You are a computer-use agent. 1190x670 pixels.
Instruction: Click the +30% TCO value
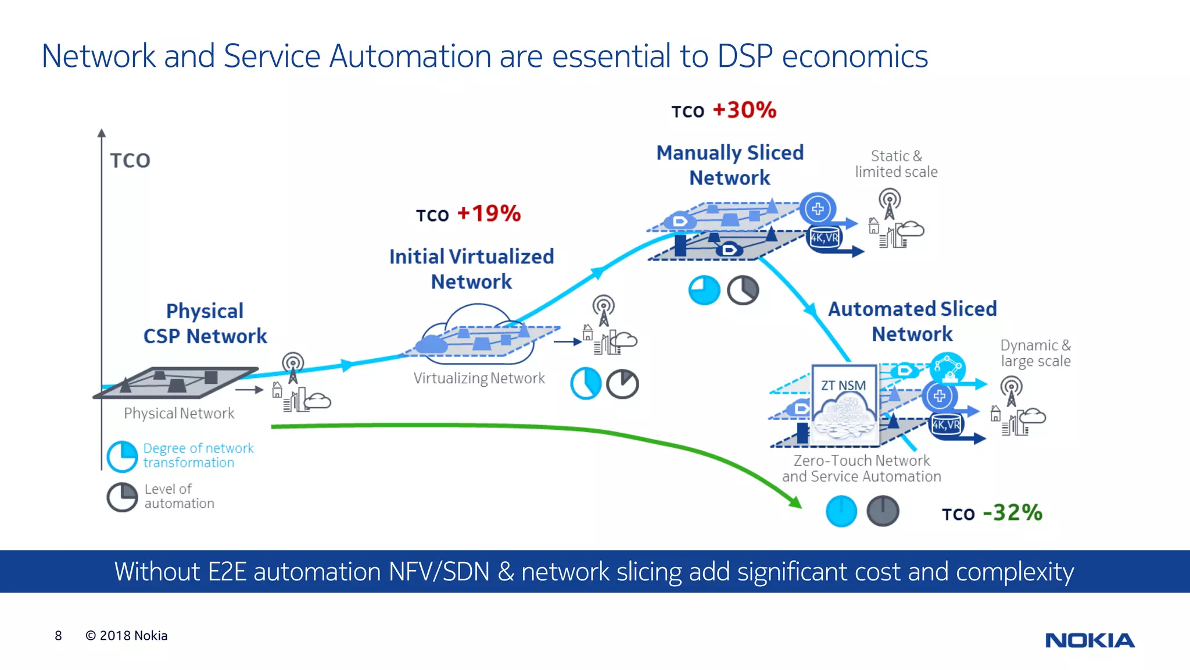744,110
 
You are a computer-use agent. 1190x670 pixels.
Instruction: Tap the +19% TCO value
489,213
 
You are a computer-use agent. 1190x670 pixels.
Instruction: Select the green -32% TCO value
1012,513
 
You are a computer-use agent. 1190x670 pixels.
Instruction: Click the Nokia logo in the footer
1089,640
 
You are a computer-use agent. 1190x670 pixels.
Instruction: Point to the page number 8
58,636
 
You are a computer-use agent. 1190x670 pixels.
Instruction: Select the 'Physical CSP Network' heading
205,323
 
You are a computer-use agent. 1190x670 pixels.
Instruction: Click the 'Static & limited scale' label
895,164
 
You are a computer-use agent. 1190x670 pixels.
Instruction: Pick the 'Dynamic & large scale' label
1035,353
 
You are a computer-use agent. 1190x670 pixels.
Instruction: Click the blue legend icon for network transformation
123,456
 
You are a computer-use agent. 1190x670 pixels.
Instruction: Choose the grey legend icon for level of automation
122,497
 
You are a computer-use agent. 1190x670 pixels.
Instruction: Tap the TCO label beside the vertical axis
130,161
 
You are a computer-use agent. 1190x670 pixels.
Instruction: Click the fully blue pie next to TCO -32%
841,511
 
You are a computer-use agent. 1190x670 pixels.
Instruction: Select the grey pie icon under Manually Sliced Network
743,290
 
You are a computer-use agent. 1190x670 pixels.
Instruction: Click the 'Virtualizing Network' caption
479,379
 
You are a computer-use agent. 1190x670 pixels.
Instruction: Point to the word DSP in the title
744,56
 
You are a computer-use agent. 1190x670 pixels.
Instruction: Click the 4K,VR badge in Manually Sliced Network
825,238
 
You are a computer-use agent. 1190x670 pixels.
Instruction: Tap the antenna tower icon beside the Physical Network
293,367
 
